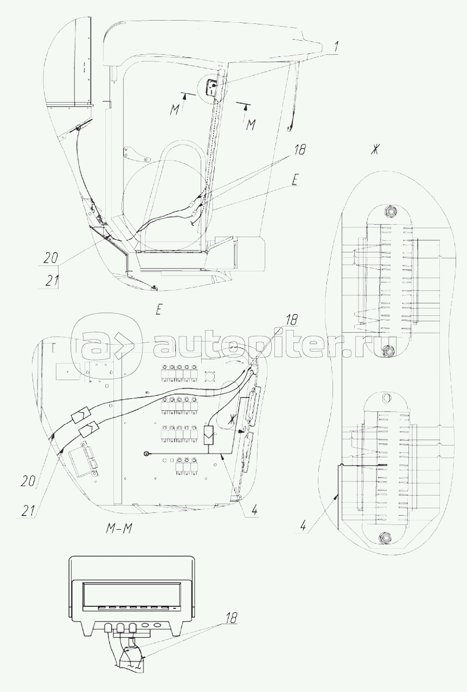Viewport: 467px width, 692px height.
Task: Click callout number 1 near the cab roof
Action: (336, 47)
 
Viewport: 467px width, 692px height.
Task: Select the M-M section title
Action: (118, 529)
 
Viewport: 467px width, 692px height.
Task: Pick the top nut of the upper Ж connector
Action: (389, 210)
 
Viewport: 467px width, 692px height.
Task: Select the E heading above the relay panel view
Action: (158, 310)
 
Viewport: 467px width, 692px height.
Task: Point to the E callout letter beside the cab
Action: (293, 182)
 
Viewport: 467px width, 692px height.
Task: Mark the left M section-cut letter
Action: (174, 110)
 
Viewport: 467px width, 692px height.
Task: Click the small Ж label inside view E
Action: (233, 418)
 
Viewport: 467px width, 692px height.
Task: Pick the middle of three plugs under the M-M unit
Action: (120, 629)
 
